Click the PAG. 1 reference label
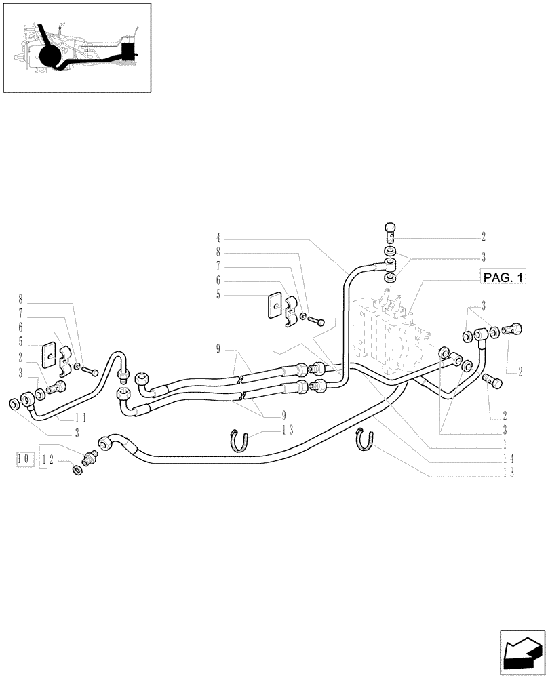[x=505, y=277]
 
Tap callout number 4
[x=218, y=238]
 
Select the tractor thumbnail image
[x=77, y=47]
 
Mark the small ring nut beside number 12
[x=76, y=469]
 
